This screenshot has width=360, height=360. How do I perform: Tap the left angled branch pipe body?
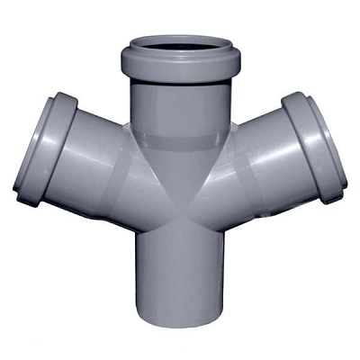point(99,171)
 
